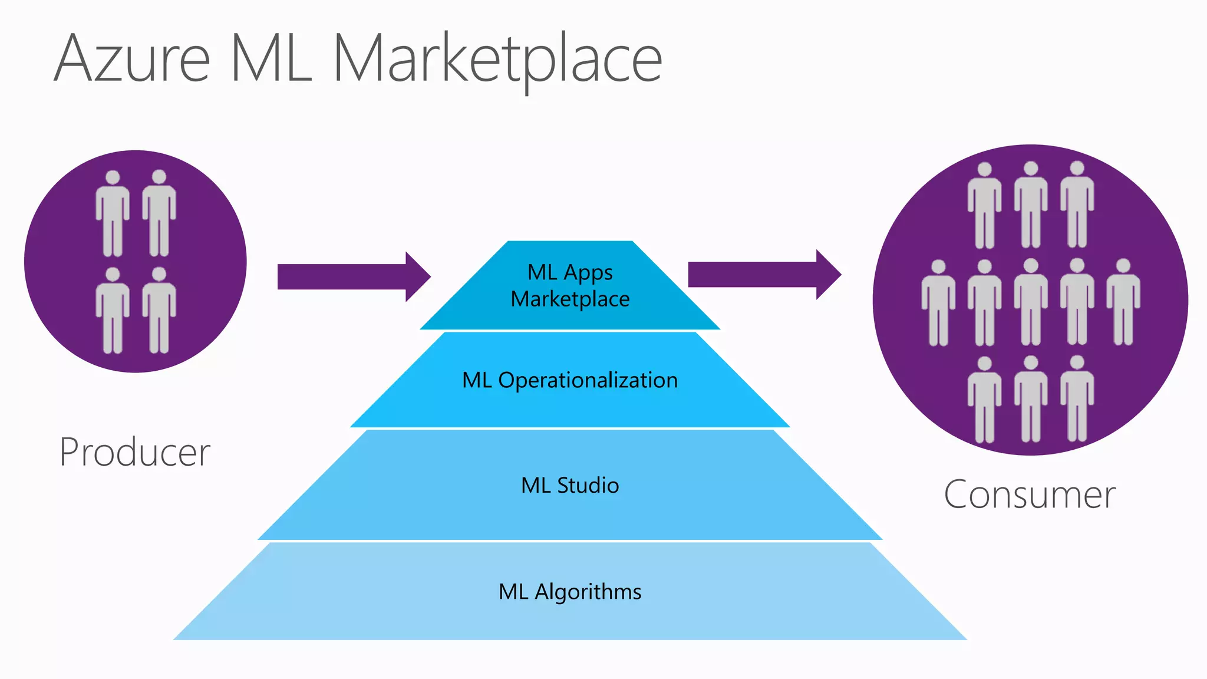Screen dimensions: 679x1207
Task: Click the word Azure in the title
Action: pyautogui.click(x=132, y=59)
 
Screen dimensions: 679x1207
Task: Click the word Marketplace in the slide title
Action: pyautogui.click(x=498, y=59)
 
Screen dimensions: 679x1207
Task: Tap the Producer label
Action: pyautogui.click(x=135, y=452)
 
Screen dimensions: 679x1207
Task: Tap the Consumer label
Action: pyautogui.click(x=1029, y=495)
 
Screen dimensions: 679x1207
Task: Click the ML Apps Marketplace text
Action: pyautogui.click(x=570, y=286)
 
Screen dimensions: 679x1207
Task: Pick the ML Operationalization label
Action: pyautogui.click(x=570, y=380)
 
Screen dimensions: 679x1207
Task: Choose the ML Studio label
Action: pyautogui.click(x=570, y=486)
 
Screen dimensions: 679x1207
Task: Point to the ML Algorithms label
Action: pyautogui.click(x=570, y=592)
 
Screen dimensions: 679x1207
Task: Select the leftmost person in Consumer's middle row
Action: pyautogui.click(x=938, y=303)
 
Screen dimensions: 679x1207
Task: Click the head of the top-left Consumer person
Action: pyautogui.click(x=984, y=170)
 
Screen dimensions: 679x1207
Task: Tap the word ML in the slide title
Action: pyautogui.click(x=271, y=59)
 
